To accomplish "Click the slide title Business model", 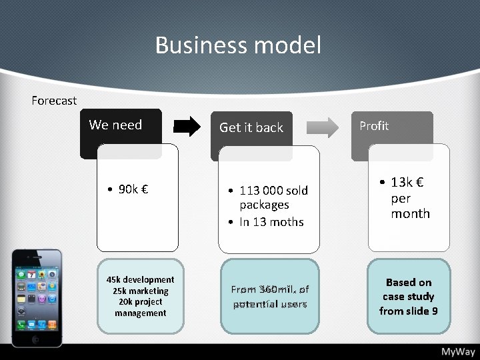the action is point(238,45).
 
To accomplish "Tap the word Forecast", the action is point(54,101).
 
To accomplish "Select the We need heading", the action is point(115,125).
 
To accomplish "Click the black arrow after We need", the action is point(187,126).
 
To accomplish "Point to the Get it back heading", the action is point(251,127).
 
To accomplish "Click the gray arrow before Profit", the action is point(325,126).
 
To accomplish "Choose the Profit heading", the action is point(374,125).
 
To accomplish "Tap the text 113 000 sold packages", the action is point(273,197).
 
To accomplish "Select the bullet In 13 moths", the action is point(271,222).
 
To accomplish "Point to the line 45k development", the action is point(140,279).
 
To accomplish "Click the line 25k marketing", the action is point(140,291).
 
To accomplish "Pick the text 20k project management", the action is point(140,307).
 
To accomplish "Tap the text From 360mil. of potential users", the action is point(270,297).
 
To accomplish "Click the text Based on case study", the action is point(409,289).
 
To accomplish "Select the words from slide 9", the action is point(409,311).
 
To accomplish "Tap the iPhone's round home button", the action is point(37,338).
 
